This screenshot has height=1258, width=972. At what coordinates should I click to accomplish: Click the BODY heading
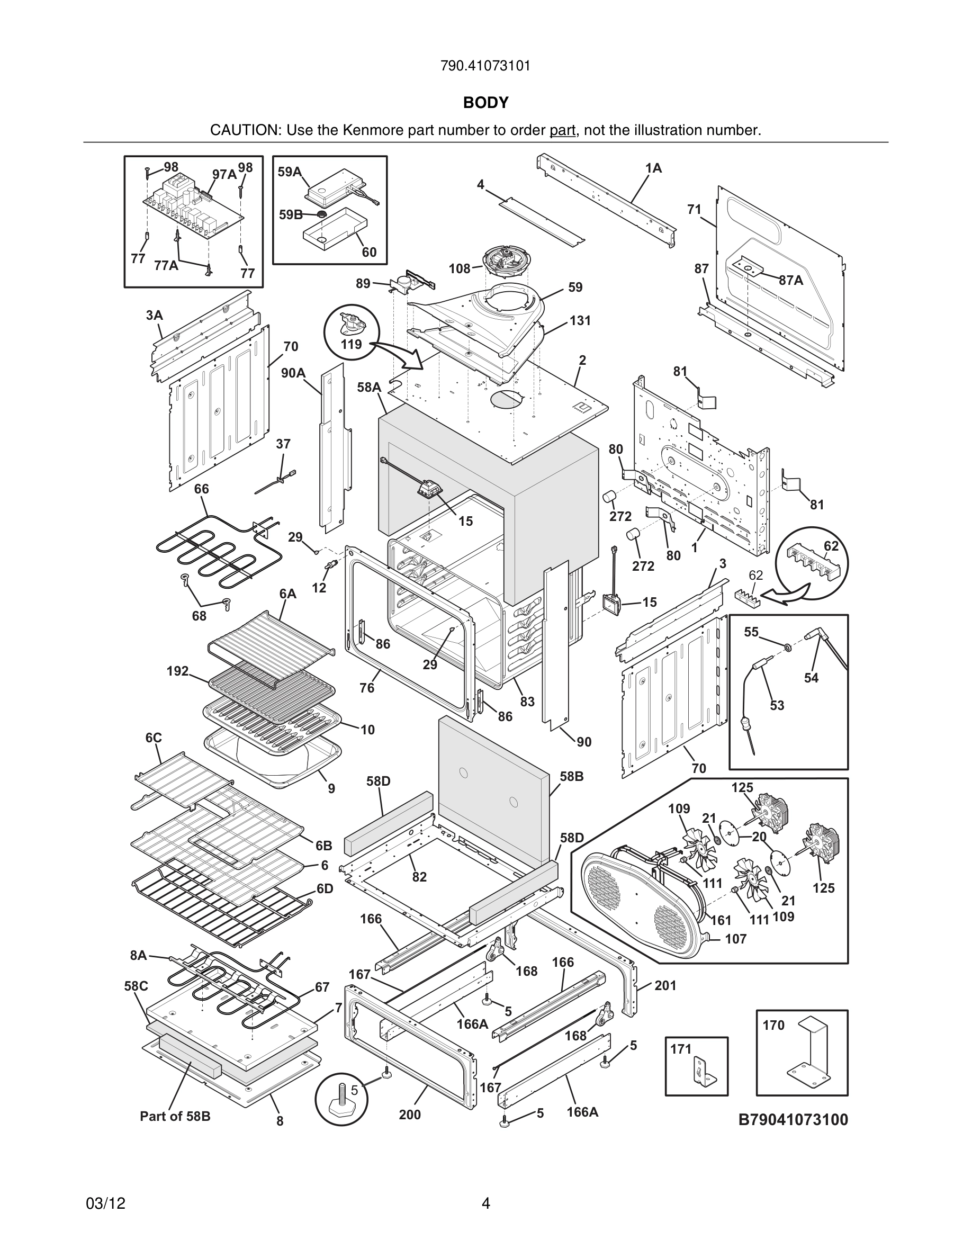click(485, 103)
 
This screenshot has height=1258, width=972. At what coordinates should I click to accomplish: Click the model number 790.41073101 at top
click(485, 66)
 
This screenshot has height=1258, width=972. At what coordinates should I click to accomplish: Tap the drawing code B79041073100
click(793, 1120)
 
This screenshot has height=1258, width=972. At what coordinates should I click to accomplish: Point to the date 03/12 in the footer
click(105, 1203)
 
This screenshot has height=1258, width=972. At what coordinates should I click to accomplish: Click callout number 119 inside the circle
click(350, 345)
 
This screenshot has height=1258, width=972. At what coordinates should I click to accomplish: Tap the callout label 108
click(460, 268)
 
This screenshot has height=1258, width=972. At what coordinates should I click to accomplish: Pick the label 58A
click(368, 387)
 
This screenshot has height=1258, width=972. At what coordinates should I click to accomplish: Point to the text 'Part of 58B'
click(175, 1116)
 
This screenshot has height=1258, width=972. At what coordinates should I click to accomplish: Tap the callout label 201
click(665, 985)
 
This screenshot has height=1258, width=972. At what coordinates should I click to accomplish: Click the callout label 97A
click(224, 174)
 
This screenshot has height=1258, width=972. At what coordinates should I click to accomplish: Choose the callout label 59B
click(290, 215)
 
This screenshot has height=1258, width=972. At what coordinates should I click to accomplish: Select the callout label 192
click(177, 671)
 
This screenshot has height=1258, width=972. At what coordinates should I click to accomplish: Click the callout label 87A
click(790, 280)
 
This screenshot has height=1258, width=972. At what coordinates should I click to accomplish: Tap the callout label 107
click(735, 939)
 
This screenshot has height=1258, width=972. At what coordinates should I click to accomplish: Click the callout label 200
click(409, 1115)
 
